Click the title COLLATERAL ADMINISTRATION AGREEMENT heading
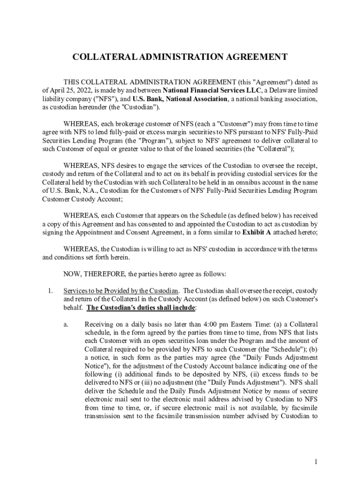(x=180, y=57)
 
